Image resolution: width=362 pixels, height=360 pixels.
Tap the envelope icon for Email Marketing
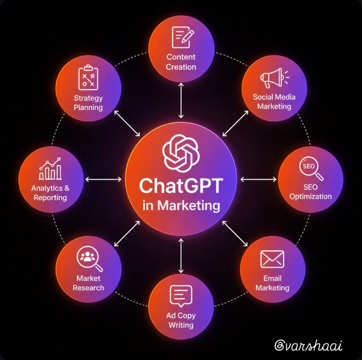click(x=272, y=259)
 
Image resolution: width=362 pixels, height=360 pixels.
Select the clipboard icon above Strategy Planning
click(x=88, y=78)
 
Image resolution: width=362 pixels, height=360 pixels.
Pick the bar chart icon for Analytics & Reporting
click(x=50, y=169)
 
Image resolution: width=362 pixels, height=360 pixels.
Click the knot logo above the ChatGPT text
click(x=181, y=153)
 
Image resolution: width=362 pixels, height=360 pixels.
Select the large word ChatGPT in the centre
click(x=181, y=186)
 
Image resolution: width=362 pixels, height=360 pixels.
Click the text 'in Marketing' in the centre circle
click(x=181, y=205)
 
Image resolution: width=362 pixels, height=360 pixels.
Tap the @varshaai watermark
click(x=308, y=345)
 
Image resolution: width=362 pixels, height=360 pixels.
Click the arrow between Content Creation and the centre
click(x=181, y=100)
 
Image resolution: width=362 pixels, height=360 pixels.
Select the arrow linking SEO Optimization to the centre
click(x=258, y=179)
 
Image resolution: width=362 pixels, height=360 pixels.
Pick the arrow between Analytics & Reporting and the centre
click(x=104, y=179)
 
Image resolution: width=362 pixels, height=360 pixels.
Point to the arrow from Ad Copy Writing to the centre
click(x=181, y=256)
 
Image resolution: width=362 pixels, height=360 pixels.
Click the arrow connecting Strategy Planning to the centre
click(x=127, y=123)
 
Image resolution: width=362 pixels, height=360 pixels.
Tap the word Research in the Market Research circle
click(x=88, y=288)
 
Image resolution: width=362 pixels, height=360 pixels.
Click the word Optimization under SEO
click(x=310, y=197)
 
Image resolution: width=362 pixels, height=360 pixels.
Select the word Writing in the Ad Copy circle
click(x=181, y=325)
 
